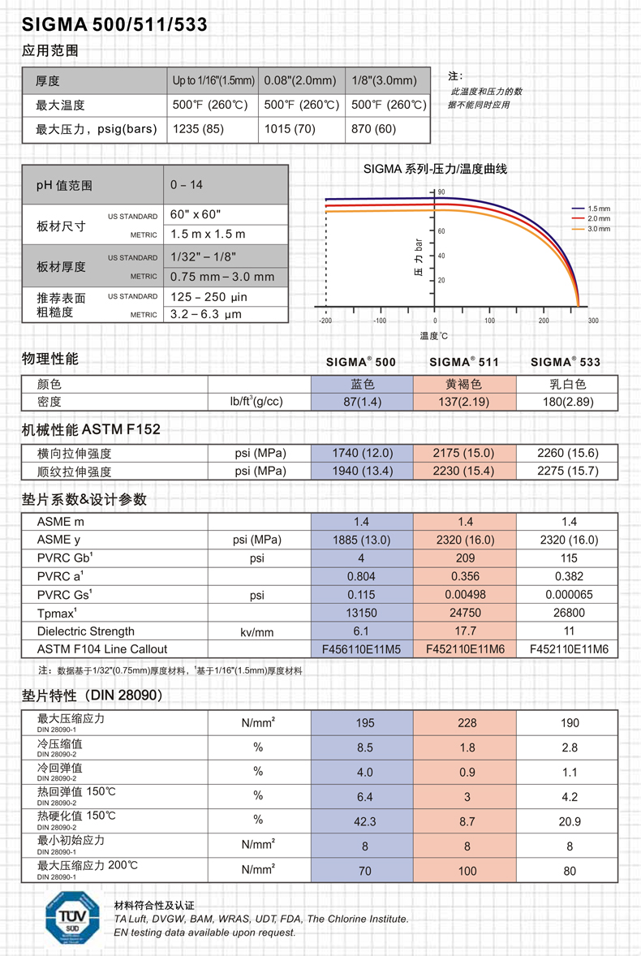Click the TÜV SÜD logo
tap(72, 918)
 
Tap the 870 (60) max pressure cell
tap(374, 129)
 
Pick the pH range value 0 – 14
tap(187, 185)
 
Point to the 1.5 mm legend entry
tap(599, 209)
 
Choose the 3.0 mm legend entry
tap(599, 229)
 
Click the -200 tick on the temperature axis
tap(326, 321)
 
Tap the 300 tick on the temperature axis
tap(593, 321)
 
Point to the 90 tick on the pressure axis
tap(441, 192)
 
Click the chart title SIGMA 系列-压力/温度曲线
tap(435, 169)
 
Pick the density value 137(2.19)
tap(466, 402)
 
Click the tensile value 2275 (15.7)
tap(568, 472)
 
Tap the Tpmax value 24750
tap(466, 613)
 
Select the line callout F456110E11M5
tap(361, 649)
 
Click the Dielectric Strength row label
tap(86, 631)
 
